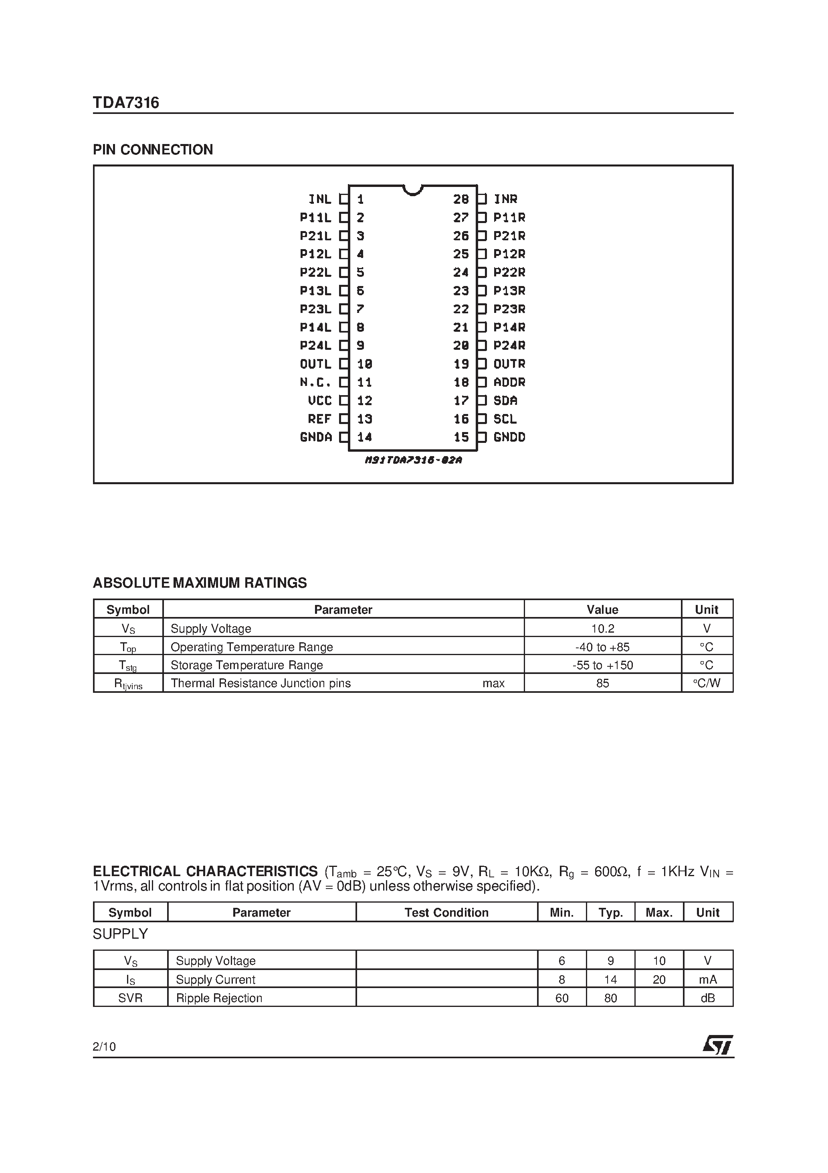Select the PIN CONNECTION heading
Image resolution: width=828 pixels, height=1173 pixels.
(153, 150)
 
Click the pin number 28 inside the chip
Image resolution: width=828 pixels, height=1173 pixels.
(460, 199)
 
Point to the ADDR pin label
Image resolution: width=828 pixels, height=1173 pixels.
(509, 382)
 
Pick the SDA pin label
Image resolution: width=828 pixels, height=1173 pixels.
(505, 400)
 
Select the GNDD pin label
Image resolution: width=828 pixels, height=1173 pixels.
(509, 437)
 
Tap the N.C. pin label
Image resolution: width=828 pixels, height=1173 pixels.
(315, 382)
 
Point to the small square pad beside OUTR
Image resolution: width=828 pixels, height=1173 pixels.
(482, 364)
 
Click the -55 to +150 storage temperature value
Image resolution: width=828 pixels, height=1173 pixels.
(602, 665)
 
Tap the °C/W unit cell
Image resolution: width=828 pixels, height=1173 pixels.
(707, 683)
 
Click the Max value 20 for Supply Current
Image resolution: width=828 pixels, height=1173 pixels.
(659, 979)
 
